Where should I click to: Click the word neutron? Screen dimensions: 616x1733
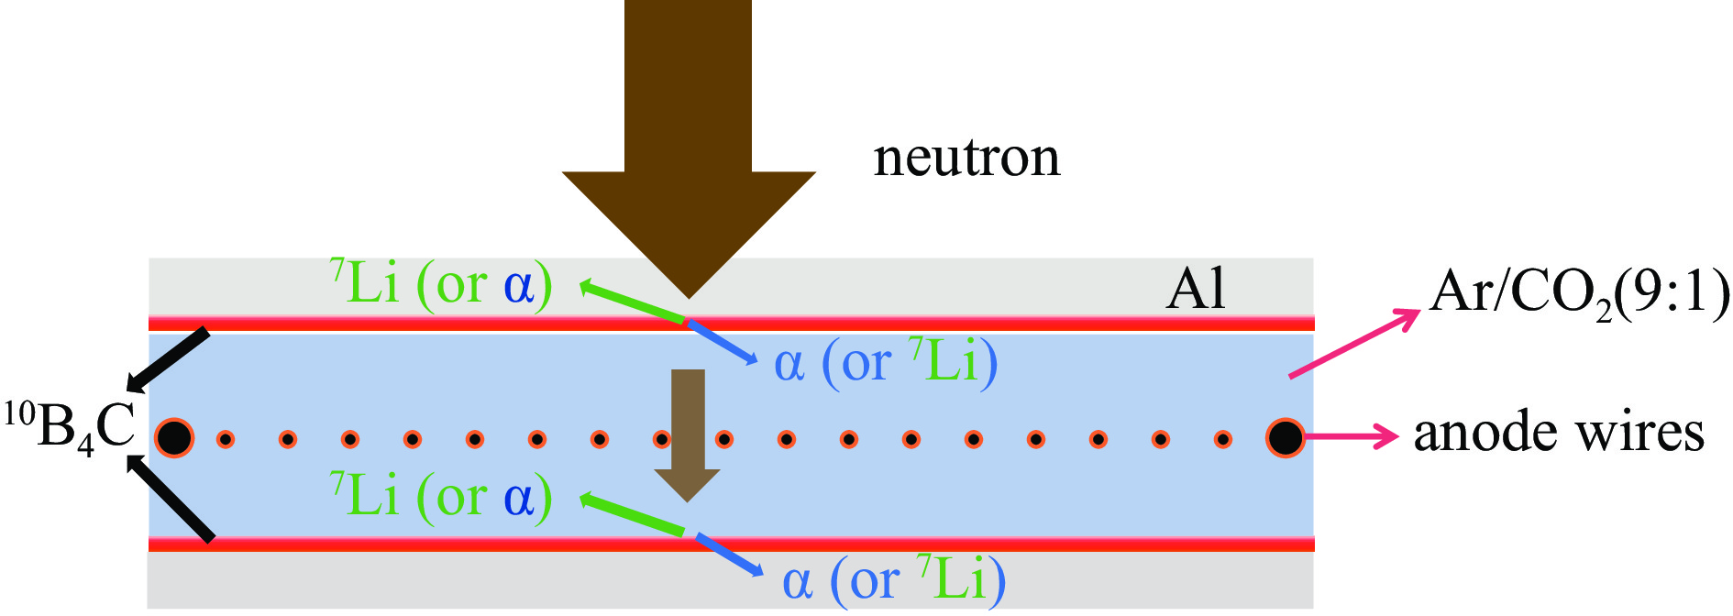tap(966, 158)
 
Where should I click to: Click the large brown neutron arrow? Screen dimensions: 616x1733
tap(688, 137)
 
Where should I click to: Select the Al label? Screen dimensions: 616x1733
tap(1196, 290)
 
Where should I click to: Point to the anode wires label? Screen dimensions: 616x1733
tap(1559, 433)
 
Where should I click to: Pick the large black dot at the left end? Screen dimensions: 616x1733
tap(173, 438)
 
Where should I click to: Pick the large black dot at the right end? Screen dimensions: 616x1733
tap(1285, 438)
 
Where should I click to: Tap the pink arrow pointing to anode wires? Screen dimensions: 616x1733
tap(1350, 436)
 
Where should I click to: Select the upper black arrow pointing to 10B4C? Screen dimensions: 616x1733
tap(169, 358)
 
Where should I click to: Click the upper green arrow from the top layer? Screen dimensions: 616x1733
tap(633, 302)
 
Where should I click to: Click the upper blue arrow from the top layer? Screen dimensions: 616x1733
tap(723, 341)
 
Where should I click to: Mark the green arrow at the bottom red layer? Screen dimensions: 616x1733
tap(633, 514)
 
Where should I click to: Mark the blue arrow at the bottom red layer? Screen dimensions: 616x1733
tap(728, 555)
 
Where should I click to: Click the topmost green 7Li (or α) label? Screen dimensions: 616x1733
tap(440, 284)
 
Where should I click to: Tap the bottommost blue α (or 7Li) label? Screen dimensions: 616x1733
tap(893, 579)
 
